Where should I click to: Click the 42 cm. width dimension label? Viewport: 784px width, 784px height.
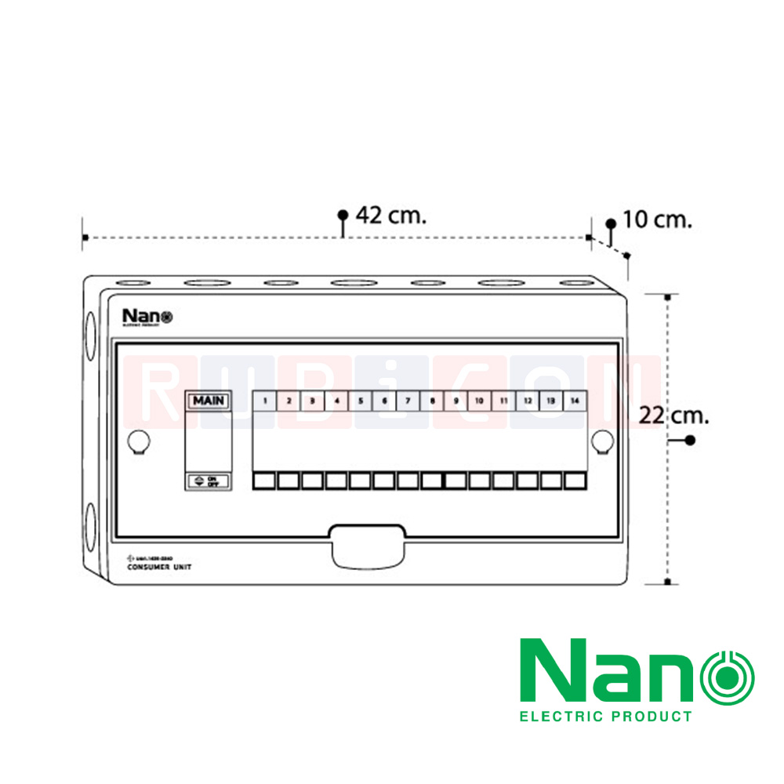(391, 216)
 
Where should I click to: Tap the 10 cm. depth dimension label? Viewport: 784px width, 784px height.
(658, 220)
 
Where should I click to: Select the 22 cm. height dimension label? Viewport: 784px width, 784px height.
(673, 416)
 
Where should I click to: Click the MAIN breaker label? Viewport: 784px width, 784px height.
(209, 401)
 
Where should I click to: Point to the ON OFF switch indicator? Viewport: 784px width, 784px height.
(208, 481)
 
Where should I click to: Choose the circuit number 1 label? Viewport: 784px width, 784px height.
(265, 401)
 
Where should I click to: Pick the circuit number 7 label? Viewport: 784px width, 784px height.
(408, 401)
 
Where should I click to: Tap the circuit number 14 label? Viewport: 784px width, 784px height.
(575, 401)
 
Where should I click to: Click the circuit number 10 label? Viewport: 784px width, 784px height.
(479, 401)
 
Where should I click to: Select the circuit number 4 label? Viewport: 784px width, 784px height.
(336, 401)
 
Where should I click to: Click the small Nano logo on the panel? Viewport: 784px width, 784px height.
(147, 317)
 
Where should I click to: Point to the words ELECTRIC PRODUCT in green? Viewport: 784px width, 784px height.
(606, 716)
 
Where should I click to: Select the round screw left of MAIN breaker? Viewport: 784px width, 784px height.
(138, 441)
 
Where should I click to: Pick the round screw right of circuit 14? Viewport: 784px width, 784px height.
(601, 441)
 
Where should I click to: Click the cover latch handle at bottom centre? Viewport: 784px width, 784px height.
(368, 546)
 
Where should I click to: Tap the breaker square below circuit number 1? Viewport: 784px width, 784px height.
(265, 481)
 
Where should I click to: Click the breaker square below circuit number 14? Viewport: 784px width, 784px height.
(575, 481)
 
